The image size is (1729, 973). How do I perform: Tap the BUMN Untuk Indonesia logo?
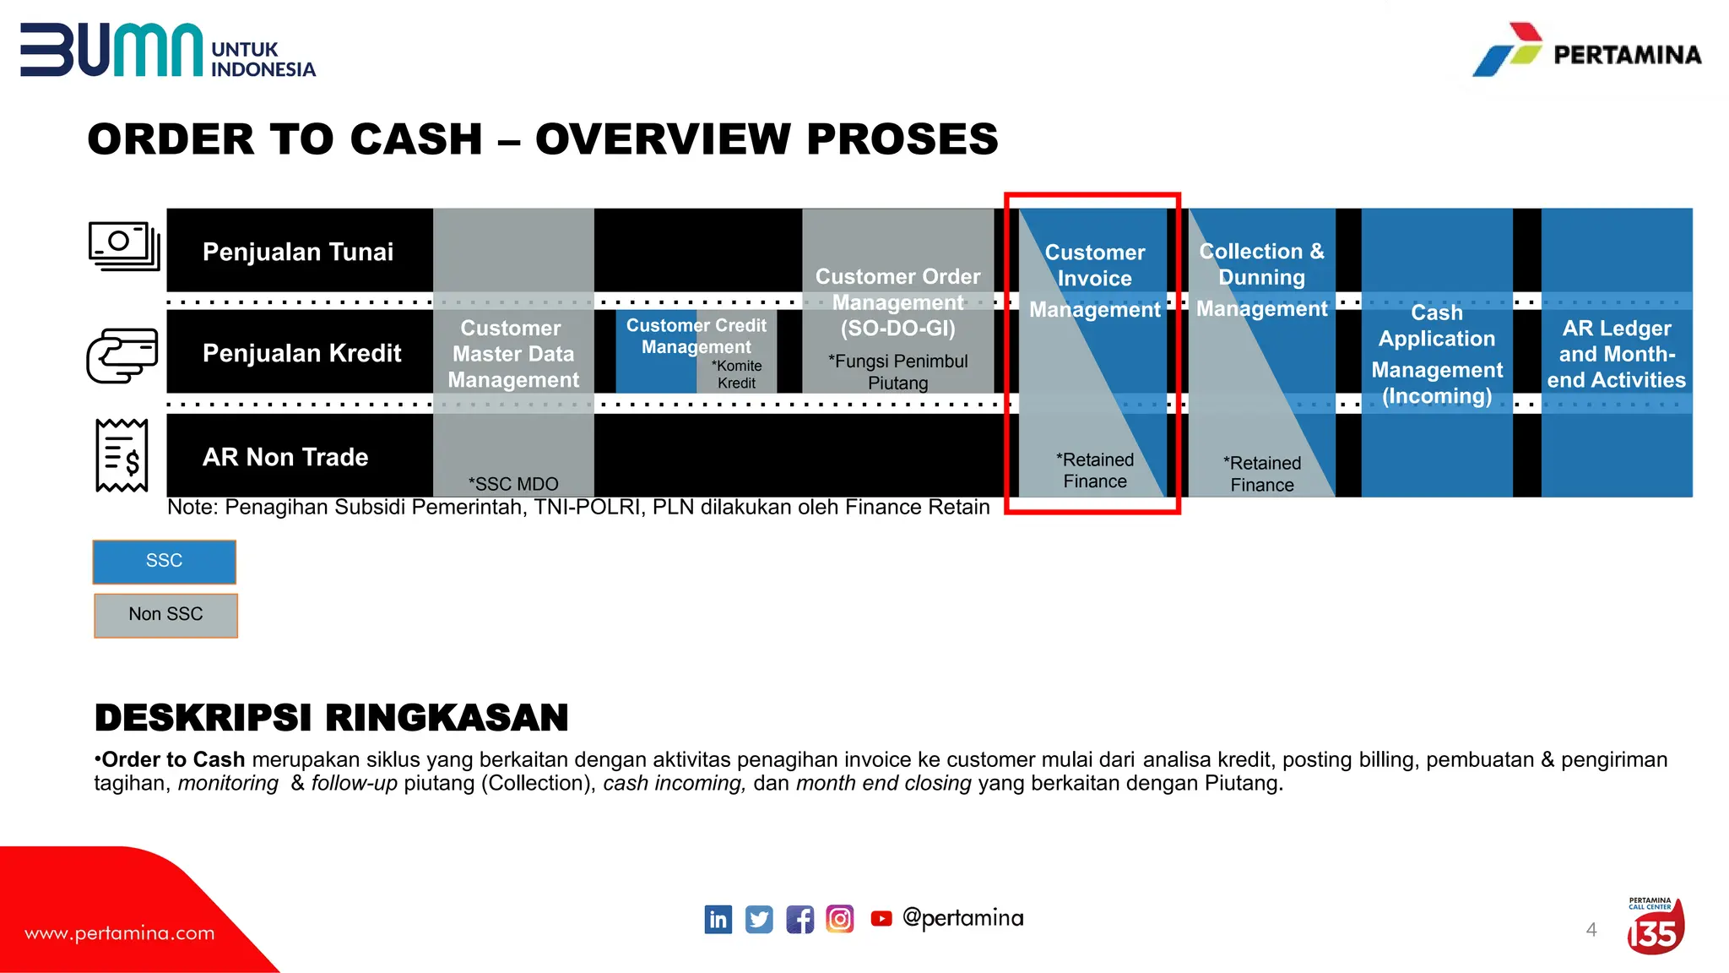pyautogui.click(x=167, y=51)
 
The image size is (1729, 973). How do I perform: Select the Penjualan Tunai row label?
pyautogui.click(x=298, y=252)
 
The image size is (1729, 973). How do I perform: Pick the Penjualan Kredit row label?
pyautogui.click(x=301, y=353)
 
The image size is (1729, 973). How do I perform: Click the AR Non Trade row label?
pyautogui.click(x=285, y=457)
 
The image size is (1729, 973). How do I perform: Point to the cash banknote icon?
pyautogui.click(x=124, y=246)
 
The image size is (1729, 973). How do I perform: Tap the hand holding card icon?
pyautogui.click(x=122, y=355)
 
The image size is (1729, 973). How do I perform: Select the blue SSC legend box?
pyautogui.click(x=164, y=562)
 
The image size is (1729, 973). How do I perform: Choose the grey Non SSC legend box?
pyautogui.click(x=165, y=615)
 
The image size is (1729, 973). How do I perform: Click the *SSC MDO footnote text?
pyautogui.click(x=513, y=484)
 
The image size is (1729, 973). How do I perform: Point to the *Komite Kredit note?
pyautogui.click(x=737, y=374)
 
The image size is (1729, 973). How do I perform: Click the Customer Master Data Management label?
pyautogui.click(x=512, y=354)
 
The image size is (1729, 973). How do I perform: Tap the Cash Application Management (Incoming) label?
pyautogui.click(x=1436, y=354)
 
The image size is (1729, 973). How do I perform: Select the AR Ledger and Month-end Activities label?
pyautogui.click(x=1616, y=354)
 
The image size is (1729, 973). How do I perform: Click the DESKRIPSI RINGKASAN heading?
pyautogui.click(x=331, y=718)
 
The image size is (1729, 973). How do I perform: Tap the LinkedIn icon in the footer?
pyautogui.click(x=718, y=919)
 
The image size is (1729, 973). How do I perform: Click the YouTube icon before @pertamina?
pyautogui.click(x=881, y=919)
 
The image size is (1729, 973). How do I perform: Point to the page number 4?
pyautogui.click(x=1591, y=930)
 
